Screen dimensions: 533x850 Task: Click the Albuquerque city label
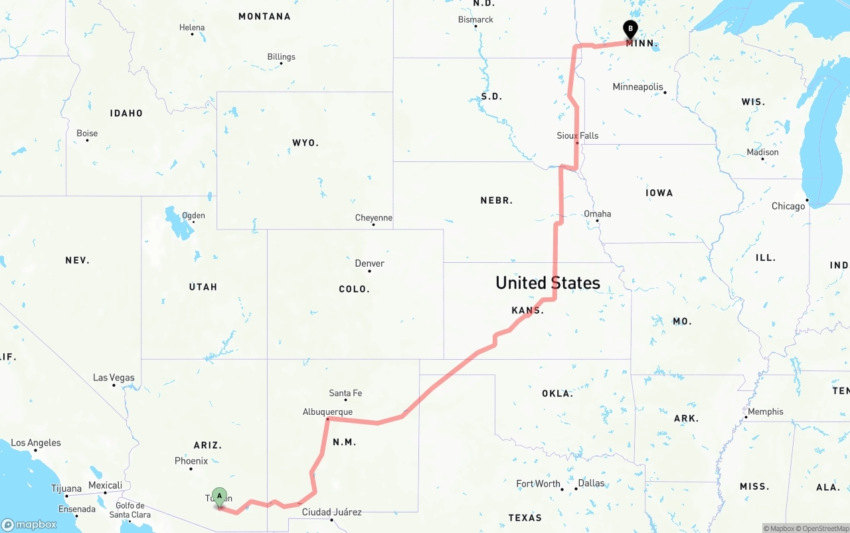[327, 412]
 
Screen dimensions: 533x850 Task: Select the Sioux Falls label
[577, 135]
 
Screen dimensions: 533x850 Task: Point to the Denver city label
[369, 264]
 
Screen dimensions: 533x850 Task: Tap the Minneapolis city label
[637, 87]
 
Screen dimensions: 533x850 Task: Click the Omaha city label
[597, 214]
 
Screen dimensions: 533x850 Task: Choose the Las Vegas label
[114, 378]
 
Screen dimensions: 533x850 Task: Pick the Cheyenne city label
[373, 218]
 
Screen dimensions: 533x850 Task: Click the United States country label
[547, 283]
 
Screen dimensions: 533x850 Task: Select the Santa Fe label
[345, 393]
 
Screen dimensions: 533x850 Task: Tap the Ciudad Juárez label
[331, 512]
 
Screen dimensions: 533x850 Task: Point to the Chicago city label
[788, 206]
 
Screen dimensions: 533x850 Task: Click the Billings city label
[281, 57]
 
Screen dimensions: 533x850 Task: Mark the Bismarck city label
[475, 20]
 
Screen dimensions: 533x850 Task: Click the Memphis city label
[765, 412]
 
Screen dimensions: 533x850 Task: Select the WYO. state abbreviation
[305, 143]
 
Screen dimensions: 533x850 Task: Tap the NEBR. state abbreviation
[496, 200]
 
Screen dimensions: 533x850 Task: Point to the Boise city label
[87, 133]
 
